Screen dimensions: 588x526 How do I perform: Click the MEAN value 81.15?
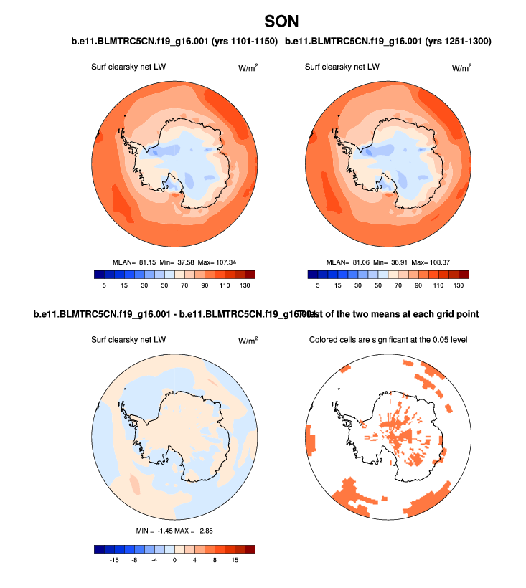click(149, 262)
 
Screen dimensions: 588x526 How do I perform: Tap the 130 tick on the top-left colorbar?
click(244, 285)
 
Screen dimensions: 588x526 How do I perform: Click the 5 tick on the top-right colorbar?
click(317, 285)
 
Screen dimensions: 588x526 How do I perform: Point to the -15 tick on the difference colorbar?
click(113, 561)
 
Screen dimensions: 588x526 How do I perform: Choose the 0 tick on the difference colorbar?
click(174, 561)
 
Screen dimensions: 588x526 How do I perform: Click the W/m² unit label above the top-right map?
click(461, 68)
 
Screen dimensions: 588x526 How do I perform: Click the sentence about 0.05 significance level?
click(388, 339)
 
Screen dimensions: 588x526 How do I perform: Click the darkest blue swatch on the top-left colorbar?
click(99, 274)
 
